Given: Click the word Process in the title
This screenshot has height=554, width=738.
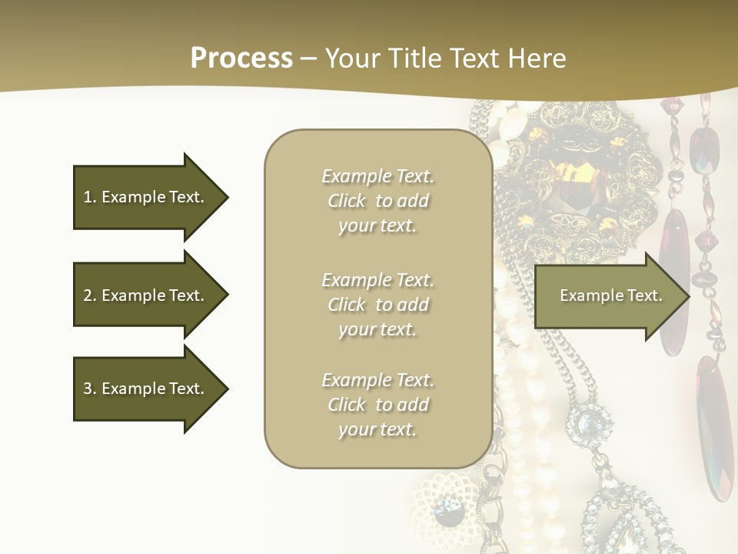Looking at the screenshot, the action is tap(241, 58).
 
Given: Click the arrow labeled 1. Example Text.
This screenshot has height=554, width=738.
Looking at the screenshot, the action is tap(151, 197).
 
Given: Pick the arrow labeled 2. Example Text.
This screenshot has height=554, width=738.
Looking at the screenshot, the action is tap(151, 295).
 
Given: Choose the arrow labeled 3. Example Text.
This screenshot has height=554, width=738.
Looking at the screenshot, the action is tap(151, 389).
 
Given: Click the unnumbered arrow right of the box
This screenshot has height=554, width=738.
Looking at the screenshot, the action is tap(612, 296).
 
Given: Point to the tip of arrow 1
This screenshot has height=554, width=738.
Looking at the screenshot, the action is tap(228, 197).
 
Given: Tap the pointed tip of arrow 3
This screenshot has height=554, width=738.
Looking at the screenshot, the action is tap(228, 389).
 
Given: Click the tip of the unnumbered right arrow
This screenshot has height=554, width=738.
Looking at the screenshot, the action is tap(690, 296).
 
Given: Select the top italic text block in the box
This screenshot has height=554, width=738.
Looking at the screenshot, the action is tap(378, 201).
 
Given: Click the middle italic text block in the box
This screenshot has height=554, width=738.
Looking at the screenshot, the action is tap(378, 305).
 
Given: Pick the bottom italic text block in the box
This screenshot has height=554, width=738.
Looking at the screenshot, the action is tap(378, 405).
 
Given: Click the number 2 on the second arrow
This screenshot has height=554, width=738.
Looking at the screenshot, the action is tap(88, 295).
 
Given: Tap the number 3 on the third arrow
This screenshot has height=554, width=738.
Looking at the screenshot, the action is tap(88, 389).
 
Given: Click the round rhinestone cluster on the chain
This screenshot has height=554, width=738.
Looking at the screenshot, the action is tap(589, 423).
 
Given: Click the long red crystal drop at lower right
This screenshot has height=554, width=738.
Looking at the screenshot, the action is tap(714, 429).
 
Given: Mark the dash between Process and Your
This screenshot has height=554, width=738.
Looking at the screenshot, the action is tap(309, 59).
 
